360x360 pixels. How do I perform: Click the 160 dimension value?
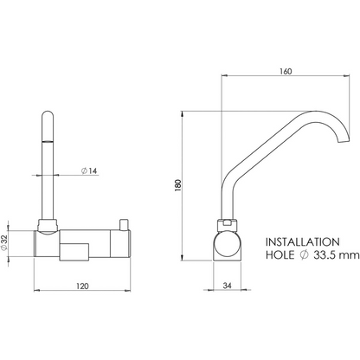(286, 71)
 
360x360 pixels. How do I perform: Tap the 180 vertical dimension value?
(178, 185)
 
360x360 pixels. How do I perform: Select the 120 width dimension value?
(82, 286)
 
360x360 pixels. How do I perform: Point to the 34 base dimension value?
(228, 286)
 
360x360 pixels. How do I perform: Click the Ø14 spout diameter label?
(89, 170)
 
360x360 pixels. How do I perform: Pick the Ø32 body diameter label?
(3, 243)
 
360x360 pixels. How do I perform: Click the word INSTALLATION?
(303, 242)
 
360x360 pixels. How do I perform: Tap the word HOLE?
(280, 255)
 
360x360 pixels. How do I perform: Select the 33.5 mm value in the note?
(337, 255)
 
